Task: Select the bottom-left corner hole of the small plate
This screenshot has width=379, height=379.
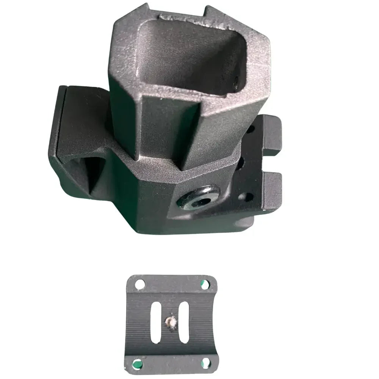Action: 138,363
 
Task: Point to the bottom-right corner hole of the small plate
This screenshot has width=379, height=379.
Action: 206,362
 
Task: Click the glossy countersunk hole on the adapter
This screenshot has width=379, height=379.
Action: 197,197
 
